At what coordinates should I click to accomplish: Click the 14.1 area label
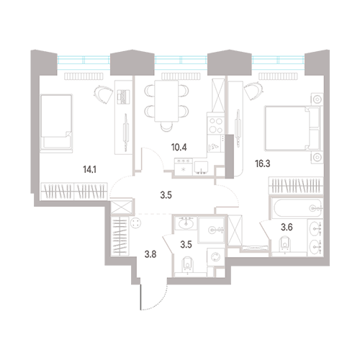click(89, 170)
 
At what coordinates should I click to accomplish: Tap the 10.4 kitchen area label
click(179, 148)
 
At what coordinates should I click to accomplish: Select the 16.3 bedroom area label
click(263, 163)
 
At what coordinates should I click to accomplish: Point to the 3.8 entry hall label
click(150, 254)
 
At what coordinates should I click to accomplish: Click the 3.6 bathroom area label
click(287, 227)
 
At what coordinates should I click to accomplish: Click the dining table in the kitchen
click(166, 101)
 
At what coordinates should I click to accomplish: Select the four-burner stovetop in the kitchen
click(215, 125)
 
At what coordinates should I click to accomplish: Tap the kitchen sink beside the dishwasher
click(202, 168)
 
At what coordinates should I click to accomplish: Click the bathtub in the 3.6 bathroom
click(296, 208)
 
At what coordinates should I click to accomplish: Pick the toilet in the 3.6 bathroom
click(285, 244)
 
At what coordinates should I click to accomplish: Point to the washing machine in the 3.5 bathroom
click(215, 257)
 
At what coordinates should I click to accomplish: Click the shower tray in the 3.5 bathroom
click(211, 230)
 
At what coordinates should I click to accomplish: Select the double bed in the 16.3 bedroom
click(292, 128)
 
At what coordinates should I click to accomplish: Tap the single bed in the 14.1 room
click(56, 123)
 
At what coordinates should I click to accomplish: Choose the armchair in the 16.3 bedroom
click(253, 91)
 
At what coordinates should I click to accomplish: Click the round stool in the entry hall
click(135, 222)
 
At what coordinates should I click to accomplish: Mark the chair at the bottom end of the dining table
click(166, 126)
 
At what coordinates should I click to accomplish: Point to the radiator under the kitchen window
click(181, 76)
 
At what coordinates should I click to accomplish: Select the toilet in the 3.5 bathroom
click(188, 265)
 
